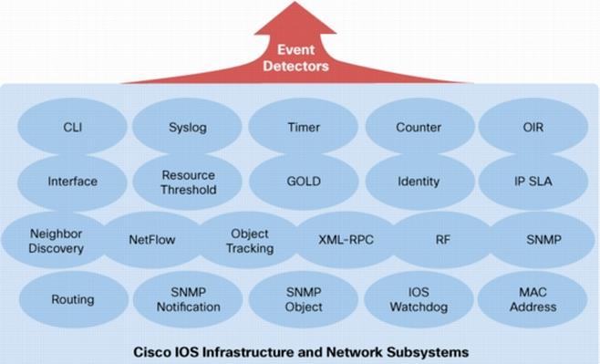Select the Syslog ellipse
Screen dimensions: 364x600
coord(188,128)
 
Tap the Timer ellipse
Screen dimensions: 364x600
coord(303,128)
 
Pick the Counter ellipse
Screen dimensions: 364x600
coord(418,128)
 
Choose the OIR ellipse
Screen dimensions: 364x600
coord(533,128)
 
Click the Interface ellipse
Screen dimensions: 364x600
coord(72,181)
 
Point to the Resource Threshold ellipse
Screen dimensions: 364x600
coord(188,182)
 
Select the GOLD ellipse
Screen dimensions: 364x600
coord(303,181)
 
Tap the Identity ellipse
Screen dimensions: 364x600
coord(418,181)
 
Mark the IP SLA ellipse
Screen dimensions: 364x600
coord(533,181)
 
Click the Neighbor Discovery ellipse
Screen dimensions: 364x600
coord(57,240)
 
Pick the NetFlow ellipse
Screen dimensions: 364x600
coord(151,240)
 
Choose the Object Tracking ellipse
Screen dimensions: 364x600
coord(249,240)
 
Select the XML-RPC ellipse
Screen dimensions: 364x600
coord(346,240)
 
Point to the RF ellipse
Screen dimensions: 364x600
coord(443,240)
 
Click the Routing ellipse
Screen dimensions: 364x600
coord(72,299)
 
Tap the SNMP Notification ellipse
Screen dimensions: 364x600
coord(188,299)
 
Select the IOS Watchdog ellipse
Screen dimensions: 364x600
coord(418,299)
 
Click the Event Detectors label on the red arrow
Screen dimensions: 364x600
coord(295,57)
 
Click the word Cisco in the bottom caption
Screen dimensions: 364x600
coord(153,351)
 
